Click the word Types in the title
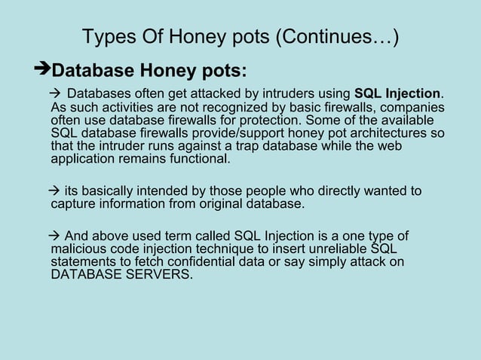tap(105, 37)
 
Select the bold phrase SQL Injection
tap(397, 94)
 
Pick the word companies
tap(413, 108)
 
